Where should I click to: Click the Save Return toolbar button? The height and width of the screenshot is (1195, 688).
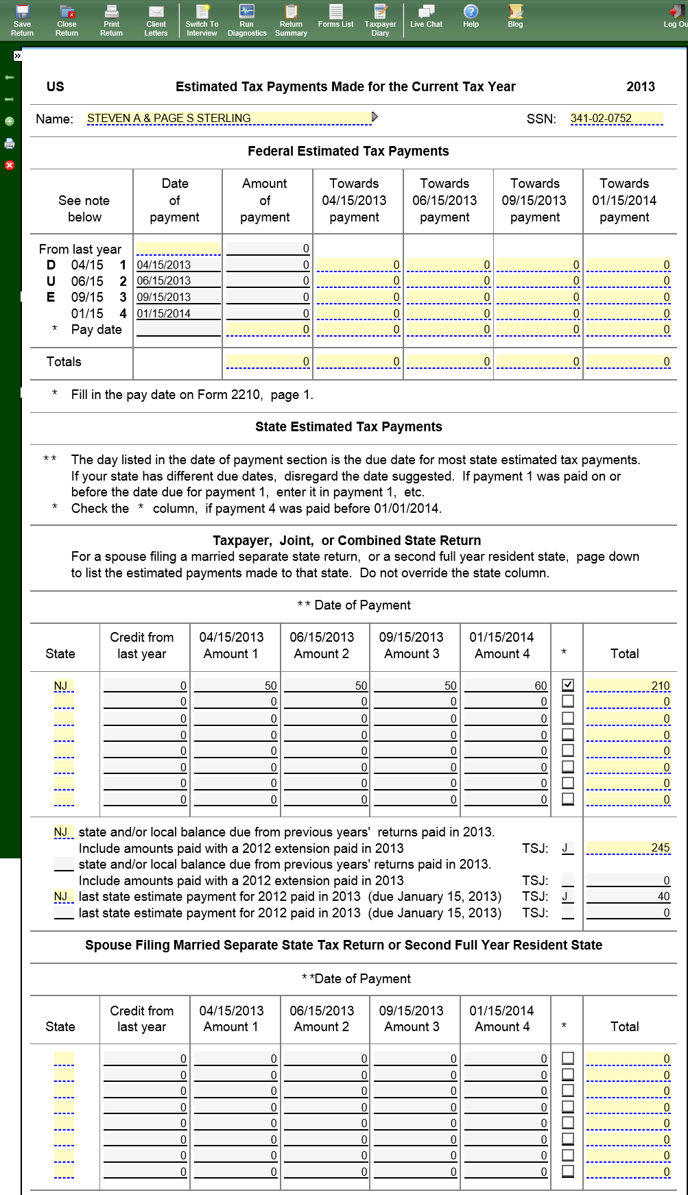22,20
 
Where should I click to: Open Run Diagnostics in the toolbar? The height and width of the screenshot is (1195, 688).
247,20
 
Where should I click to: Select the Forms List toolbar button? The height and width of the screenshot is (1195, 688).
335,16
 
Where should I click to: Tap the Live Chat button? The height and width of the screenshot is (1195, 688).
426,16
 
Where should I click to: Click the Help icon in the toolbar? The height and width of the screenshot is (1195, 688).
471,16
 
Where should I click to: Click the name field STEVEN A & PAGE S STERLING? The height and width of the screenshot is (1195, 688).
229,119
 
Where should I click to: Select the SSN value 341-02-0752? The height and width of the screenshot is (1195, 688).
616,119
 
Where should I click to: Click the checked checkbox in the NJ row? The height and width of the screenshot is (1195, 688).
568,685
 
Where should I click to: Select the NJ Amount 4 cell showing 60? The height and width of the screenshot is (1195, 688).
506,686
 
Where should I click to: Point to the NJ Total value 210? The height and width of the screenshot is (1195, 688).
628,686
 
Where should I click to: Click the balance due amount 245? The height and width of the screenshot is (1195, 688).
628,848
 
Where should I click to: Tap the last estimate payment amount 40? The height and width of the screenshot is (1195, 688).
628,896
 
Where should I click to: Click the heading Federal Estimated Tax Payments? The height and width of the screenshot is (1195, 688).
348,152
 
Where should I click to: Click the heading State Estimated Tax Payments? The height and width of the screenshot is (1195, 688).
348,427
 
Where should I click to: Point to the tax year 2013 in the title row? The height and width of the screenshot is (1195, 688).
641,87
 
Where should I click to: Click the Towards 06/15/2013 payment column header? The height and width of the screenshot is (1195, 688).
444,200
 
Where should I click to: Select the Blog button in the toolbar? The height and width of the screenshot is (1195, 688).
515,16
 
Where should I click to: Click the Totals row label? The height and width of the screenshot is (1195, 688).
64,362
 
